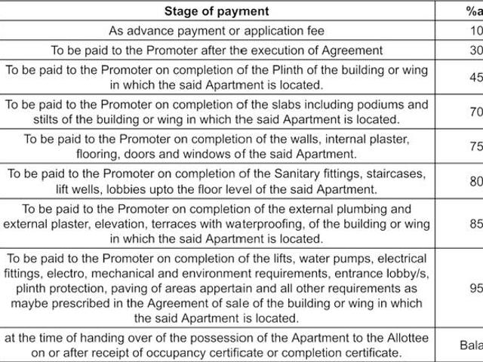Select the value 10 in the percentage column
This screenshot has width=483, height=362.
pyautogui.click(x=472, y=31)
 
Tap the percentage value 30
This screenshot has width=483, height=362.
pyautogui.click(x=472, y=50)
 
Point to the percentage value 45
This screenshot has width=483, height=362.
pyautogui.click(x=472, y=76)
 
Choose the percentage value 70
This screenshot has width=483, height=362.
pyautogui.click(x=472, y=112)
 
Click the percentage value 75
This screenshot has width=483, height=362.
pyautogui.click(x=472, y=146)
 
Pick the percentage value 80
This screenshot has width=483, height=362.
pyautogui.click(x=472, y=181)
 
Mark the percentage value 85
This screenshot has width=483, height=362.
pyautogui.click(x=472, y=223)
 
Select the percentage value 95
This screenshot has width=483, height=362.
pyautogui.click(x=472, y=287)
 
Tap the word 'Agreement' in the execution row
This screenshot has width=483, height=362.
pyautogui.click(x=355, y=50)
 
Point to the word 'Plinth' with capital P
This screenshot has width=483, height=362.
pyautogui.click(x=297, y=69)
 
